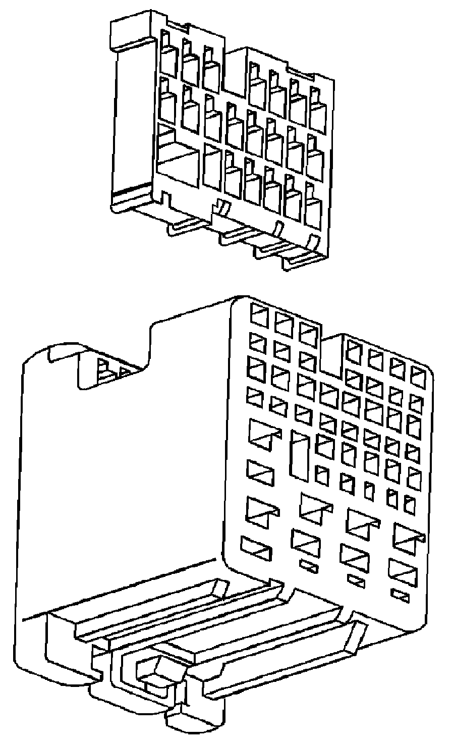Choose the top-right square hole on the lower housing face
click(419, 375)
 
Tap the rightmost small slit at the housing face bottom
click(401, 595)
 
